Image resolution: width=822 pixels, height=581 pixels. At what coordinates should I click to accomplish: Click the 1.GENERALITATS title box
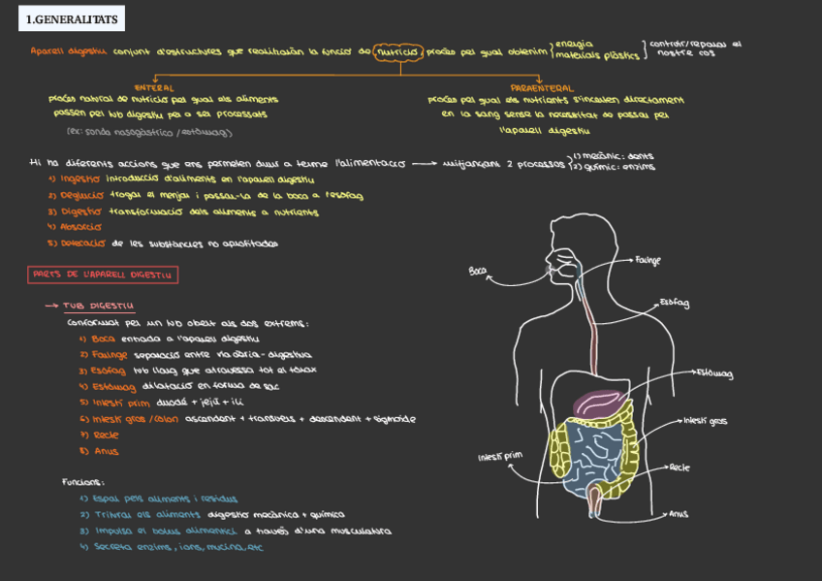[71, 18]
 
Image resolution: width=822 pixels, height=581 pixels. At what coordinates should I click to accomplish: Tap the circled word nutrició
[397, 51]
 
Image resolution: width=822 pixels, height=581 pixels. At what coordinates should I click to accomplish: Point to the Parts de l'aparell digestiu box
[103, 275]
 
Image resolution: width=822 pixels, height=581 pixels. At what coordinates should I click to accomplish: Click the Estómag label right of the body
[713, 373]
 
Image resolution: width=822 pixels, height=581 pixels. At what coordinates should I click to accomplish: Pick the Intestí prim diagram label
[500, 456]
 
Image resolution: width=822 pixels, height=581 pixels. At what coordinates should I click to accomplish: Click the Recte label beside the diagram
[680, 468]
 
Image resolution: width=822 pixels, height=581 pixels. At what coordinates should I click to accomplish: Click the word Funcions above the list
[83, 482]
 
